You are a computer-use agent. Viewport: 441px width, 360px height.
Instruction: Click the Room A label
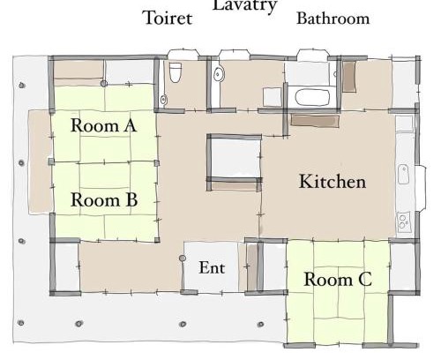104,125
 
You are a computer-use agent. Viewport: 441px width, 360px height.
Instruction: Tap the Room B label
104,199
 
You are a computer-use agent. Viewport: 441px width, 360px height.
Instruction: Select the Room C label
338,279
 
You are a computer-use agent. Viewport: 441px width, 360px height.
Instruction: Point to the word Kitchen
333,181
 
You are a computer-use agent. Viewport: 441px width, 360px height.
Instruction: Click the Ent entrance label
212,267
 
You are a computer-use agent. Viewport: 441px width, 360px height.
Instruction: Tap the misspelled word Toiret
168,18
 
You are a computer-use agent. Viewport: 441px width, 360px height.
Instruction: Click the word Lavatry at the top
245,6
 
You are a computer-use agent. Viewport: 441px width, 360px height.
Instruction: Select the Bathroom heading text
333,19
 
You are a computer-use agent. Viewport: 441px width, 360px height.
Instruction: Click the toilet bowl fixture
176,72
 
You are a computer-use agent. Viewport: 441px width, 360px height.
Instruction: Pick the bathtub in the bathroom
312,98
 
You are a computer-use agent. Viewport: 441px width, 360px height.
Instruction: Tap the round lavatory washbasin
218,73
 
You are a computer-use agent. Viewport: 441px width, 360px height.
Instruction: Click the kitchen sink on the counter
403,175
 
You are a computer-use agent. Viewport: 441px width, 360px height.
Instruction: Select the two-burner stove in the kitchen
403,221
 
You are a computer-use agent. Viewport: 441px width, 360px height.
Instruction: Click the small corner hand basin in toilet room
164,100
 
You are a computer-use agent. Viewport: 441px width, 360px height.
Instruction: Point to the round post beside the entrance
183,259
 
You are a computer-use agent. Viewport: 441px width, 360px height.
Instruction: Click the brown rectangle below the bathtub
315,121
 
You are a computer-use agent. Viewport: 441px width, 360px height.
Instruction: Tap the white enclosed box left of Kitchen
235,158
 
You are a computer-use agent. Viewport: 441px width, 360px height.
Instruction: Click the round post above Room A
103,84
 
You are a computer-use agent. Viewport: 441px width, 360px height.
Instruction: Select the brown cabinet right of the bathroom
349,77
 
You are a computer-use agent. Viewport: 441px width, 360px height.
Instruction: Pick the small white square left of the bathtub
273,97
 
